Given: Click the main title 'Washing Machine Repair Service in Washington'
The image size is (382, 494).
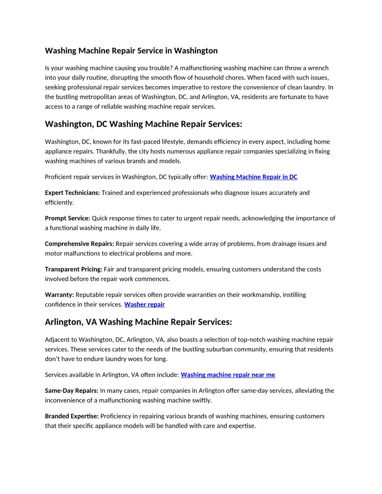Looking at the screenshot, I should [131, 51].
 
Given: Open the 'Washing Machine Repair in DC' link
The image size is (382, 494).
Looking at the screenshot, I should [253, 177].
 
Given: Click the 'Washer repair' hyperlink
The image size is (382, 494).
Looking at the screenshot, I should [144, 305].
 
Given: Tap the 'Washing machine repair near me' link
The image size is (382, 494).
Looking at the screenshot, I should [228, 375].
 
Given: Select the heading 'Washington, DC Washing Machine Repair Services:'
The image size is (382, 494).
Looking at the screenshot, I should [143, 124].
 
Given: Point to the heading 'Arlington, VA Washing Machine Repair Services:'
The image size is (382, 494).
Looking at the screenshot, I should [138, 322].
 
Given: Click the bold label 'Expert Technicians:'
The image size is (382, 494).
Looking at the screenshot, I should [72, 193].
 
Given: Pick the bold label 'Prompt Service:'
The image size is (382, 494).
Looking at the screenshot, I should [67, 218].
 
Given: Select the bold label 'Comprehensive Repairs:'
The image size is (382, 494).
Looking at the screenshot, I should [79, 244].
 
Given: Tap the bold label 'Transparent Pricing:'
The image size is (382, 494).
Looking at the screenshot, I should [73, 269].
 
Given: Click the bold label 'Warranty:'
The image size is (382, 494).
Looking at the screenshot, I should [59, 295].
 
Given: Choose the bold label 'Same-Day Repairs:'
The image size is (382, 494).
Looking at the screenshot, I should [71, 391].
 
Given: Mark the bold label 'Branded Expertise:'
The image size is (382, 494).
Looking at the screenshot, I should [72, 416].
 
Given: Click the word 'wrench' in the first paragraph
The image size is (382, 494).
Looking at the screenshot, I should [319, 68].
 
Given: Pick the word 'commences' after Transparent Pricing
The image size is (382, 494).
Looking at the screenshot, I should [154, 279].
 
